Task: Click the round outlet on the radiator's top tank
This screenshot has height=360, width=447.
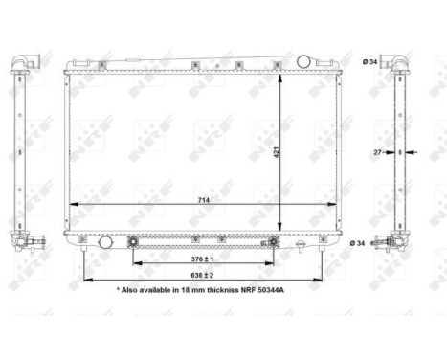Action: (303, 61)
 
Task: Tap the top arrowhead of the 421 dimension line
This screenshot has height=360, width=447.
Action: (279, 76)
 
